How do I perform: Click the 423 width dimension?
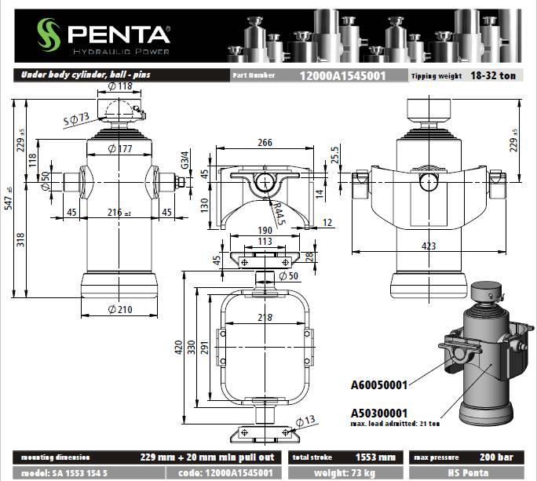click(x=429, y=246)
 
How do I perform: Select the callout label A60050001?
click(x=379, y=384)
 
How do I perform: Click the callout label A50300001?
click(x=379, y=412)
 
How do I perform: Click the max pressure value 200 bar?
click(x=497, y=457)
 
